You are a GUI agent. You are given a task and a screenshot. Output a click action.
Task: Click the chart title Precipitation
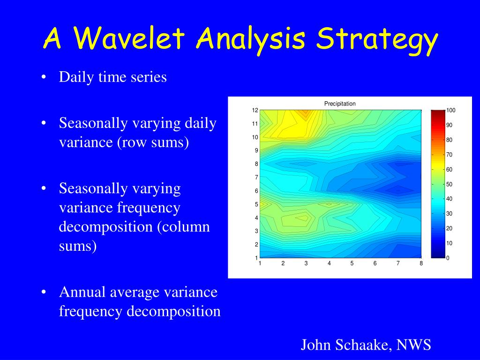point(340,104)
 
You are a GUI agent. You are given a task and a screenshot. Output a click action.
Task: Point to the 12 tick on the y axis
point(255,110)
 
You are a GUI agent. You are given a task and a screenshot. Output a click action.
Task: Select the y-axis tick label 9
point(256,150)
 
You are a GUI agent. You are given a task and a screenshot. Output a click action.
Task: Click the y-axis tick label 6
point(256,191)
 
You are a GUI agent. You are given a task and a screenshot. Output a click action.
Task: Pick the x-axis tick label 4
point(329,263)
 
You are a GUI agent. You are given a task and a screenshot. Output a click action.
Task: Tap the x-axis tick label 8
point(421,263)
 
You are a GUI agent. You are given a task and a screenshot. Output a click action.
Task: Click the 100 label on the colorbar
point(450,110)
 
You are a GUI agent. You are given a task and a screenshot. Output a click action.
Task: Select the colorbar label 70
point(449,155)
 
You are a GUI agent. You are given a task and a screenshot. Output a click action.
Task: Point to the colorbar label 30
point(449,214)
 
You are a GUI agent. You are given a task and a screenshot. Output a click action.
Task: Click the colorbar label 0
point(448,258)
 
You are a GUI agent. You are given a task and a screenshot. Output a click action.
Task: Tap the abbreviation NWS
point(414,345)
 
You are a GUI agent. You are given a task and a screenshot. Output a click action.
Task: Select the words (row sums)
point(153,142)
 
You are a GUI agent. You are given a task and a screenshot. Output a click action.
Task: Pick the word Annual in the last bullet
point(82,292)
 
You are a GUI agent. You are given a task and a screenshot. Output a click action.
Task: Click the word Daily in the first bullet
point(76,77)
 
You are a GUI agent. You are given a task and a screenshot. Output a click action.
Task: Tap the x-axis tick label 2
point(283,263)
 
